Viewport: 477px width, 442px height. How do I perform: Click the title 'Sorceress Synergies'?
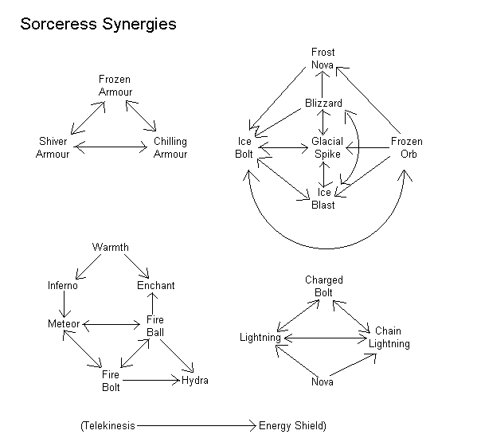pos(98,25)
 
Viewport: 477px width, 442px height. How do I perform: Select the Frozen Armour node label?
pos(115,85)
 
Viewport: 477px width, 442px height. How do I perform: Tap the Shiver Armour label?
pos(53,147)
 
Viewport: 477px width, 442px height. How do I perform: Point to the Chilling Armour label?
pos(170,147)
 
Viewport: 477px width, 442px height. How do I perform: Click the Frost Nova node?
pos(323,58)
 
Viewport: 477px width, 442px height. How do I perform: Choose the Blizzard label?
pos(323,103)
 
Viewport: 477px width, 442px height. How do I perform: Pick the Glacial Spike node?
pos(327,147)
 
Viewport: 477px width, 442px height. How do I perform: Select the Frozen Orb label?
pos(407,147)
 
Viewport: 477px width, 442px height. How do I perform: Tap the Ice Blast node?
pos(323,198)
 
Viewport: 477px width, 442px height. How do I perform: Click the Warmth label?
pos(111,247)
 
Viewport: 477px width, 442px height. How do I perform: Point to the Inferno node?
pos(63,285)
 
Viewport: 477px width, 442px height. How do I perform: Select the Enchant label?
pos(156,285)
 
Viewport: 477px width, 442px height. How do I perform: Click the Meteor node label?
pos(64,323)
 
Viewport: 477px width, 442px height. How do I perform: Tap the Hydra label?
pos(195,380)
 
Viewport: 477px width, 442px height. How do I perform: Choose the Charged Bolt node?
pos(324,286)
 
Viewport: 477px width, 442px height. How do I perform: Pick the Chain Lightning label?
pos(389,337)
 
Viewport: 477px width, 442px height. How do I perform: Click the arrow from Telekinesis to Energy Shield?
pos(197,425)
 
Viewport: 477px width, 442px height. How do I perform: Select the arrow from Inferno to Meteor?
pos(65,304)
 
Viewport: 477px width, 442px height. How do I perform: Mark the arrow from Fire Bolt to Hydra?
pos(151,380)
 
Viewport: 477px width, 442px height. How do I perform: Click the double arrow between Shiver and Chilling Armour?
pos(111,147)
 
